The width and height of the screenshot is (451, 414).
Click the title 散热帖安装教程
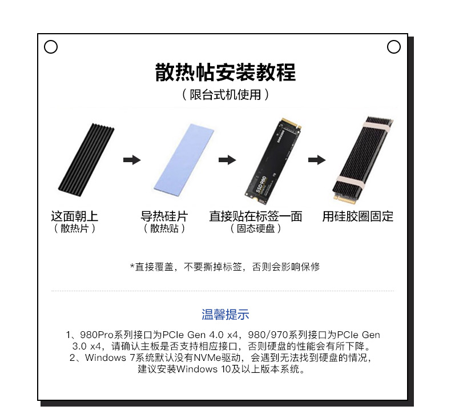pyautogui.click(x=226, y=72)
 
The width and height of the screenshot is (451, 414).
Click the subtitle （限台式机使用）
pyautogui.click(x=226, y=95)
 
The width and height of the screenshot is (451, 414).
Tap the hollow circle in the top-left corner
pyautogui.click(x=51, y=47)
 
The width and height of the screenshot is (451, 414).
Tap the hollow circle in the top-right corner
pyautogui.click(x=394, y=47)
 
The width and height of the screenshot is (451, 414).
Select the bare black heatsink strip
pyautogui.click(x=86, y=160)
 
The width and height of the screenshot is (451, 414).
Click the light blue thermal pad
pyautogui.click(x=184, y=160)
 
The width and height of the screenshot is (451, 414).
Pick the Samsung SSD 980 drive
pyautogui.click(x=273, y=161)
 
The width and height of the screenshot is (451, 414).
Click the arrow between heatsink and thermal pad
pyautogui.click(x=132, y=160)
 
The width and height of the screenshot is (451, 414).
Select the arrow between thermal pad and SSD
pyautogui.click(x=227, y=160)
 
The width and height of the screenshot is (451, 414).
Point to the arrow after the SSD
pyautogui.click(x=317, y=160)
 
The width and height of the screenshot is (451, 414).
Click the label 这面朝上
pyautogui.click(x=74, y=216)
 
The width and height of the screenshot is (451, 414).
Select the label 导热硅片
pyautogui.click(x=164, y=216)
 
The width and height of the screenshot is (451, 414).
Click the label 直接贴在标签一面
pyautogui.click(x=256, y=216)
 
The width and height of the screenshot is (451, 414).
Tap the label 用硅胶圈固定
pyautogui.click(x=357, y=216)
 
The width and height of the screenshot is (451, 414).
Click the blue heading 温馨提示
pyautogui.click(x=225, y=315)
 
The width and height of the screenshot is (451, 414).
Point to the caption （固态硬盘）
pyautogui.click(x=256, y=229)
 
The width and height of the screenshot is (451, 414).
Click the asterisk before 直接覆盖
pyautogui.click(x=132, y=266)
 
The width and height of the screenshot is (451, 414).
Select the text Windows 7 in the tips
pyautogui.click(x=110, y=357)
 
